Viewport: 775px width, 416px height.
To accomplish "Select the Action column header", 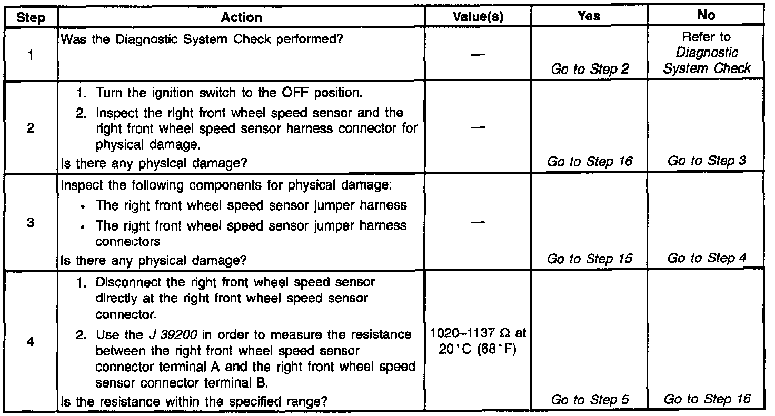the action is coord(242,17).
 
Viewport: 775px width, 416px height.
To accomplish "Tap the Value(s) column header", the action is coord(479,17).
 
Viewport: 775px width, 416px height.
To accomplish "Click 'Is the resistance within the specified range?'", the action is coord(194,401).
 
